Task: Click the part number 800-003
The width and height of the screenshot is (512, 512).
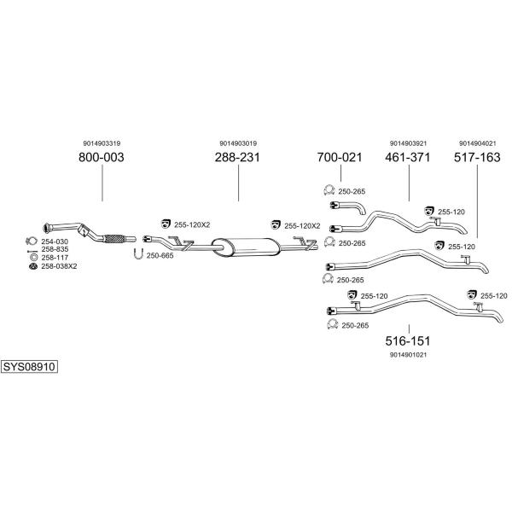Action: click(102, 158)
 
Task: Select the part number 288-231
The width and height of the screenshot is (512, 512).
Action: click(236, 158)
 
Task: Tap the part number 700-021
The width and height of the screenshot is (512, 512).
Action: click(340, 158)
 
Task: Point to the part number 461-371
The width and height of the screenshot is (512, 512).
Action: click(408, 158)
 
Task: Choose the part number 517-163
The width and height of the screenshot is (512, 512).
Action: click(477, 158)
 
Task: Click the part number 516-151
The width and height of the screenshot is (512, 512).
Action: click(408, 340)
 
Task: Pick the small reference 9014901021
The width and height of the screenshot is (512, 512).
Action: click(408, 354)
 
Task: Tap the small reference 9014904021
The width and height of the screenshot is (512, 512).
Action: click(477, 143)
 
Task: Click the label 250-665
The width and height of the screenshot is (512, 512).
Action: click(160, 255)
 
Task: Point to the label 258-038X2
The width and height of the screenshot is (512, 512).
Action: click(58, 266)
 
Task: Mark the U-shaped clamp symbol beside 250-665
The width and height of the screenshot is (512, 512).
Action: click(138, 253)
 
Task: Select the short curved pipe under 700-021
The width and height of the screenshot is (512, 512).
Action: click(348, 207)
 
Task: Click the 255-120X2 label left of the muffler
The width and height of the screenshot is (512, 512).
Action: click(191, 224)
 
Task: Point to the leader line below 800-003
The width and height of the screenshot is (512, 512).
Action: click(102, 183)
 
